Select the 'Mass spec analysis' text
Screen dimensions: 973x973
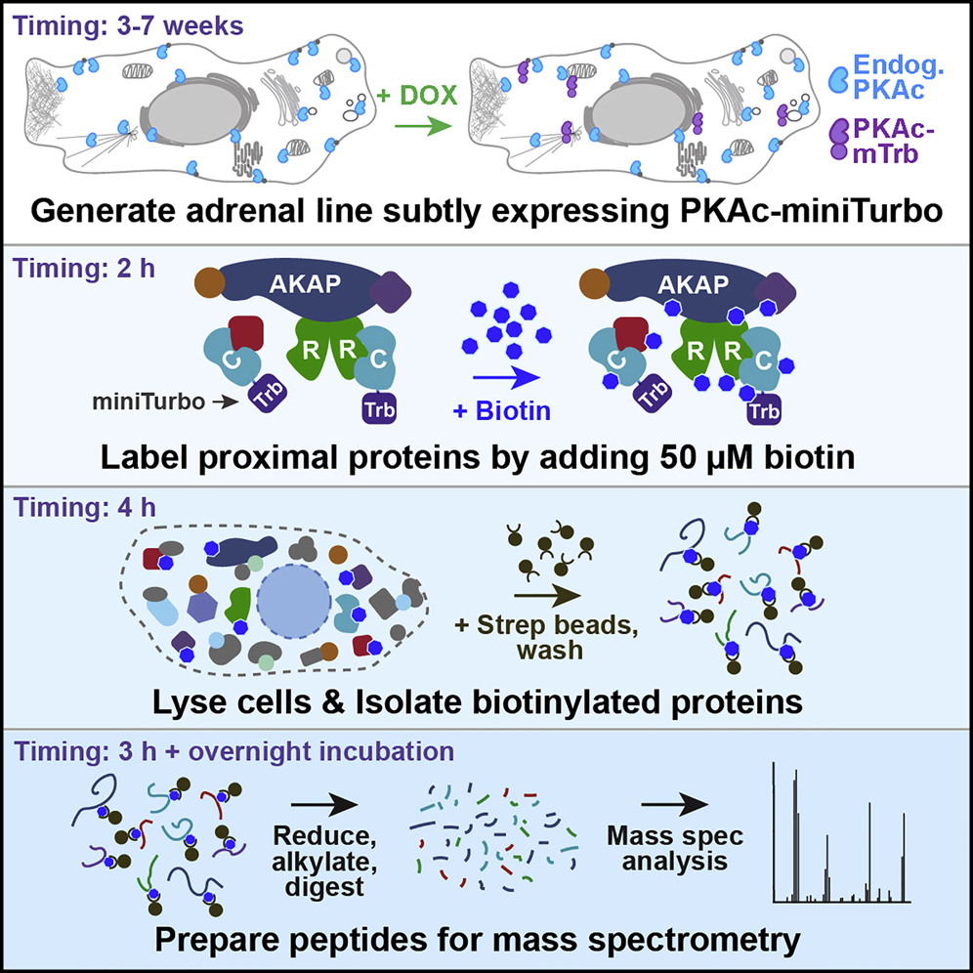click(x=674, y=849)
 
